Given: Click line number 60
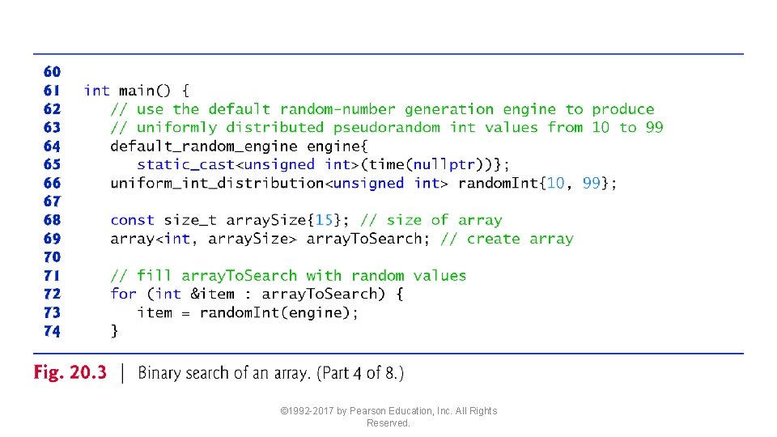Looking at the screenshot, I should [x=52, y=72].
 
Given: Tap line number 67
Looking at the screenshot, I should [x=52, y=201].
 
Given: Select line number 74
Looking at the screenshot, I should [x=52, y=330].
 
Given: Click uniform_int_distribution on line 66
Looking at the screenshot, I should [x=217, y=183].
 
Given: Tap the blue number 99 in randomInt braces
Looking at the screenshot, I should [x=591, y=183].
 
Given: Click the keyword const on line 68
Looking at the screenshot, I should [x=132, y=220].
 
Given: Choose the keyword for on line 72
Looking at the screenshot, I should [x=123, y=294].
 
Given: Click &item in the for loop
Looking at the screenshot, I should [x=213, y=294].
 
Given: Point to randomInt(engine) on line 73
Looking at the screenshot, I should [x=278, y=312].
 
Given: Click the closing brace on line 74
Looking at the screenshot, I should [x=115, y=330].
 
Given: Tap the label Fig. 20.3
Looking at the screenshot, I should [x=70, y=373].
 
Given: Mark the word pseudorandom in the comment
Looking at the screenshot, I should [x=387, y=128].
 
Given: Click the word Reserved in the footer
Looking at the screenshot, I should [x=388, y=423].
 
